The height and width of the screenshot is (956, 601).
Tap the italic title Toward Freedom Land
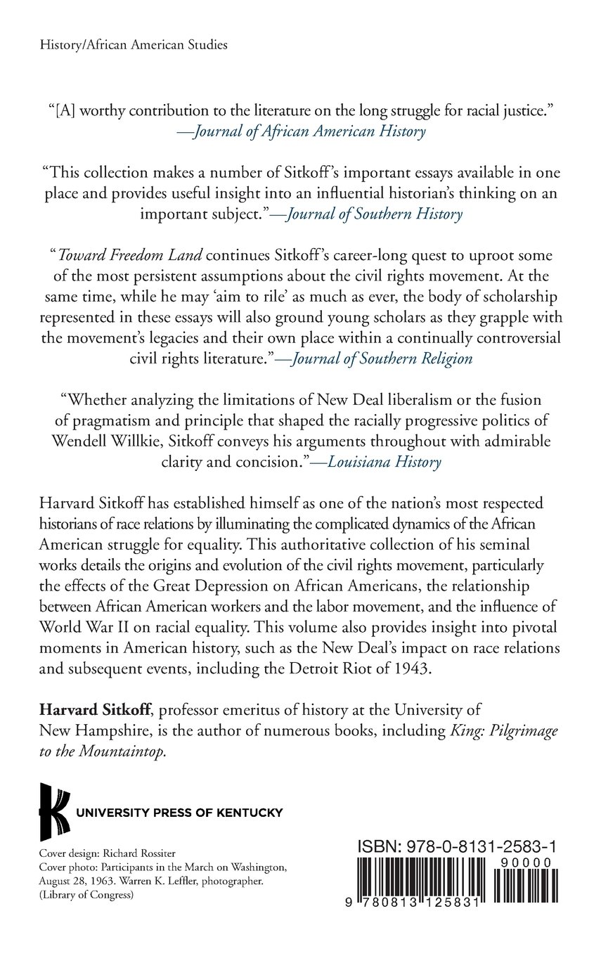pos(121,256)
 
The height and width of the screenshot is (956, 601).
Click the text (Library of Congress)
pos(88,888)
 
